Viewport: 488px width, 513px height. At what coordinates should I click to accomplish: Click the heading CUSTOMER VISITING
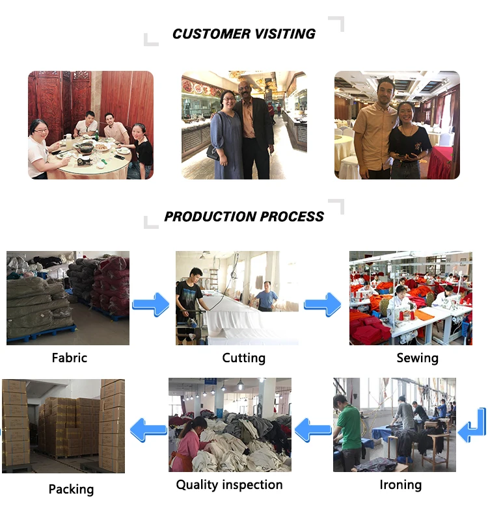243,34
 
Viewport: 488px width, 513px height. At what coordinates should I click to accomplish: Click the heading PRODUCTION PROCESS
243,217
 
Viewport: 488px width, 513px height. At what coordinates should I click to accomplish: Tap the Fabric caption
69,358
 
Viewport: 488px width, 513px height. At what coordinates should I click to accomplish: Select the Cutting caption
243,358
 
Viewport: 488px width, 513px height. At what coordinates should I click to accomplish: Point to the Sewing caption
417,358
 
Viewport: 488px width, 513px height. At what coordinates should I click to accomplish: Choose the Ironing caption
400,484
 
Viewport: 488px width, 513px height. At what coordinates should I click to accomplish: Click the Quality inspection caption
229,484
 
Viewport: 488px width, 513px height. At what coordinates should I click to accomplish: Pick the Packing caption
71,489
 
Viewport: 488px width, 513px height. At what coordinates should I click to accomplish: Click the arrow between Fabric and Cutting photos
151,304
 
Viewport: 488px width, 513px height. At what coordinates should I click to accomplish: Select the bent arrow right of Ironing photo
472,425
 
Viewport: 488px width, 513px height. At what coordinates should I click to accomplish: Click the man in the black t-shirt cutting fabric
191,299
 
